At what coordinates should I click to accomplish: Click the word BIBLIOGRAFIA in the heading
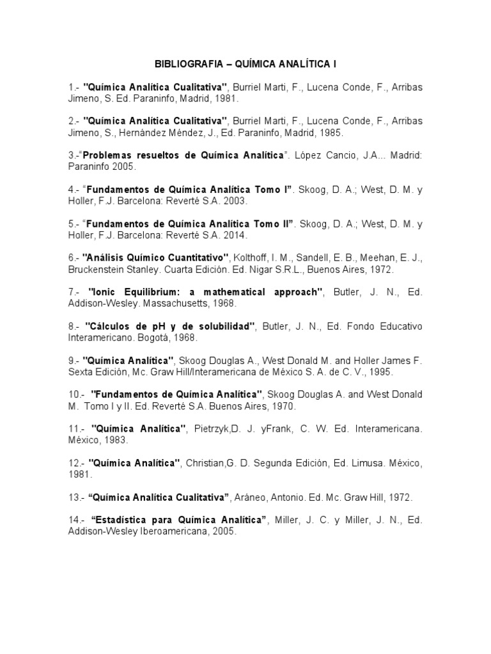click(184, 65)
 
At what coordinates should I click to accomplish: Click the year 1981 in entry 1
click(226, 99)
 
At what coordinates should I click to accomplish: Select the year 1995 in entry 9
click(379, 372)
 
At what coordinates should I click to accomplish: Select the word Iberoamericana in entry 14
click(177, 531)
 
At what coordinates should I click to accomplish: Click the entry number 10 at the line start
click(75, 395)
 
